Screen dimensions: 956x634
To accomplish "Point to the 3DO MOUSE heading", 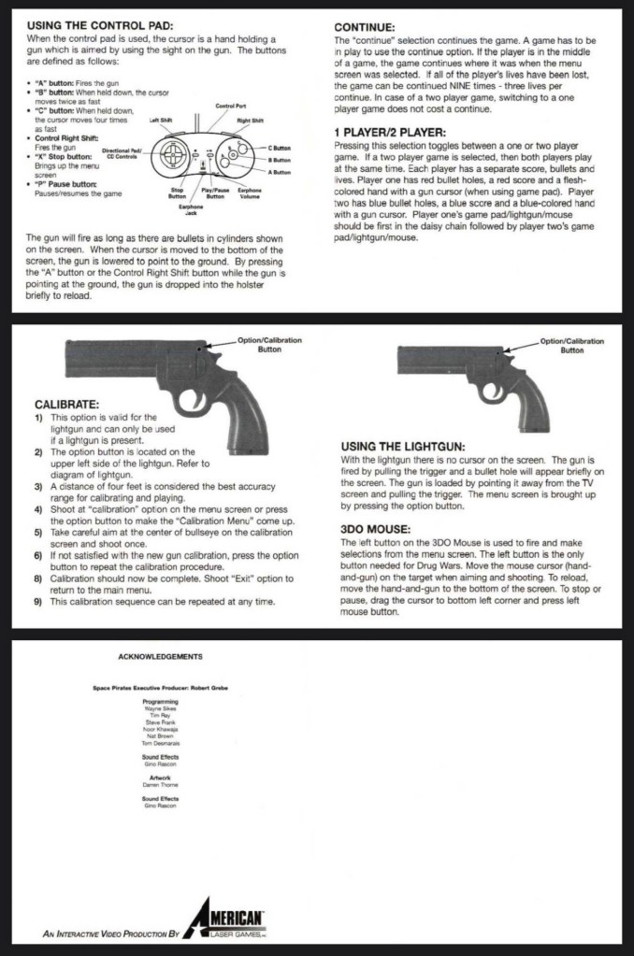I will (376, 529).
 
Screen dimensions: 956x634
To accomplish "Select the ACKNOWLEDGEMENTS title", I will (161, 657).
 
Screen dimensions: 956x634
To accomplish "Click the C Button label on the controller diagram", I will (280, 149).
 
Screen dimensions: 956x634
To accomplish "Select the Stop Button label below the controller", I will (177, 193).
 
